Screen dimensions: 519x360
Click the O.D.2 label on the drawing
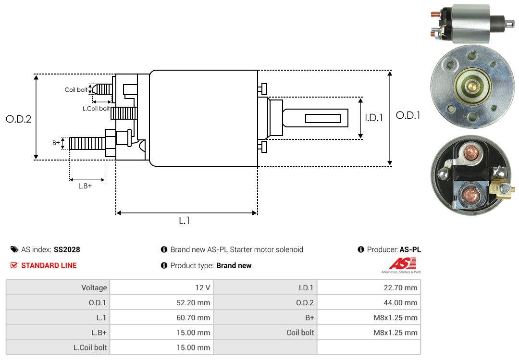tap(19, 119)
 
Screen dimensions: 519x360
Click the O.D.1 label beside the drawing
tap(408, 115)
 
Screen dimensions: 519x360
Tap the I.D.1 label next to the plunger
tap(374, 118)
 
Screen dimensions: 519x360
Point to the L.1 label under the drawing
tap(185, 221)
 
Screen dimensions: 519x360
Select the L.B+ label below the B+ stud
tap(85, 186)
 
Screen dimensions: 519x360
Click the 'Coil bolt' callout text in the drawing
tap(76, 90)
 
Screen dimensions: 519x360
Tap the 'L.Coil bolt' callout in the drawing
tap(96, 108)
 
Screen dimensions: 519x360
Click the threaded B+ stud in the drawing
tap(87, 143)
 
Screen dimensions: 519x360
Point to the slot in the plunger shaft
tap(323, 118)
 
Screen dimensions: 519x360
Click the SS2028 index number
tap(67, 249)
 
